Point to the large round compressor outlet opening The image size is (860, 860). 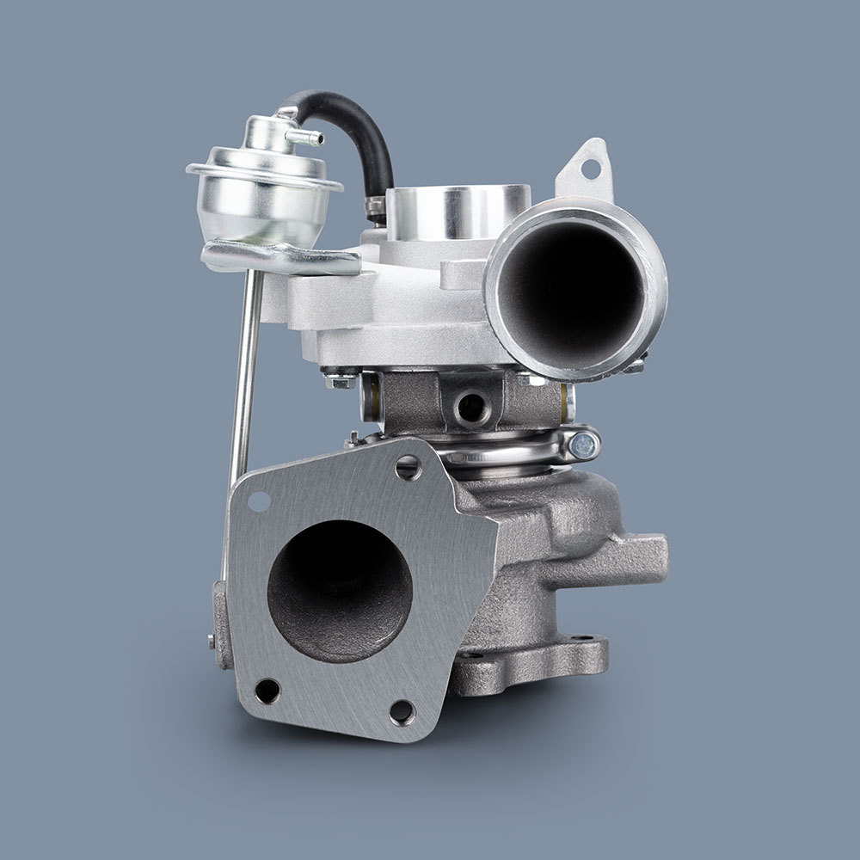click(x=572, y=288)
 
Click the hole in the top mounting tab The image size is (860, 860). click(x=590, y=169)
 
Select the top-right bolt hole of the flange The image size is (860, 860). click(x=408, y=467)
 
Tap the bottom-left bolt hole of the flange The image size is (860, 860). click(x=267, y=691)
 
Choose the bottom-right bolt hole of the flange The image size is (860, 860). click(x=402, y=711)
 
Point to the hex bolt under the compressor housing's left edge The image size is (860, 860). click(x=340, y=378)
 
